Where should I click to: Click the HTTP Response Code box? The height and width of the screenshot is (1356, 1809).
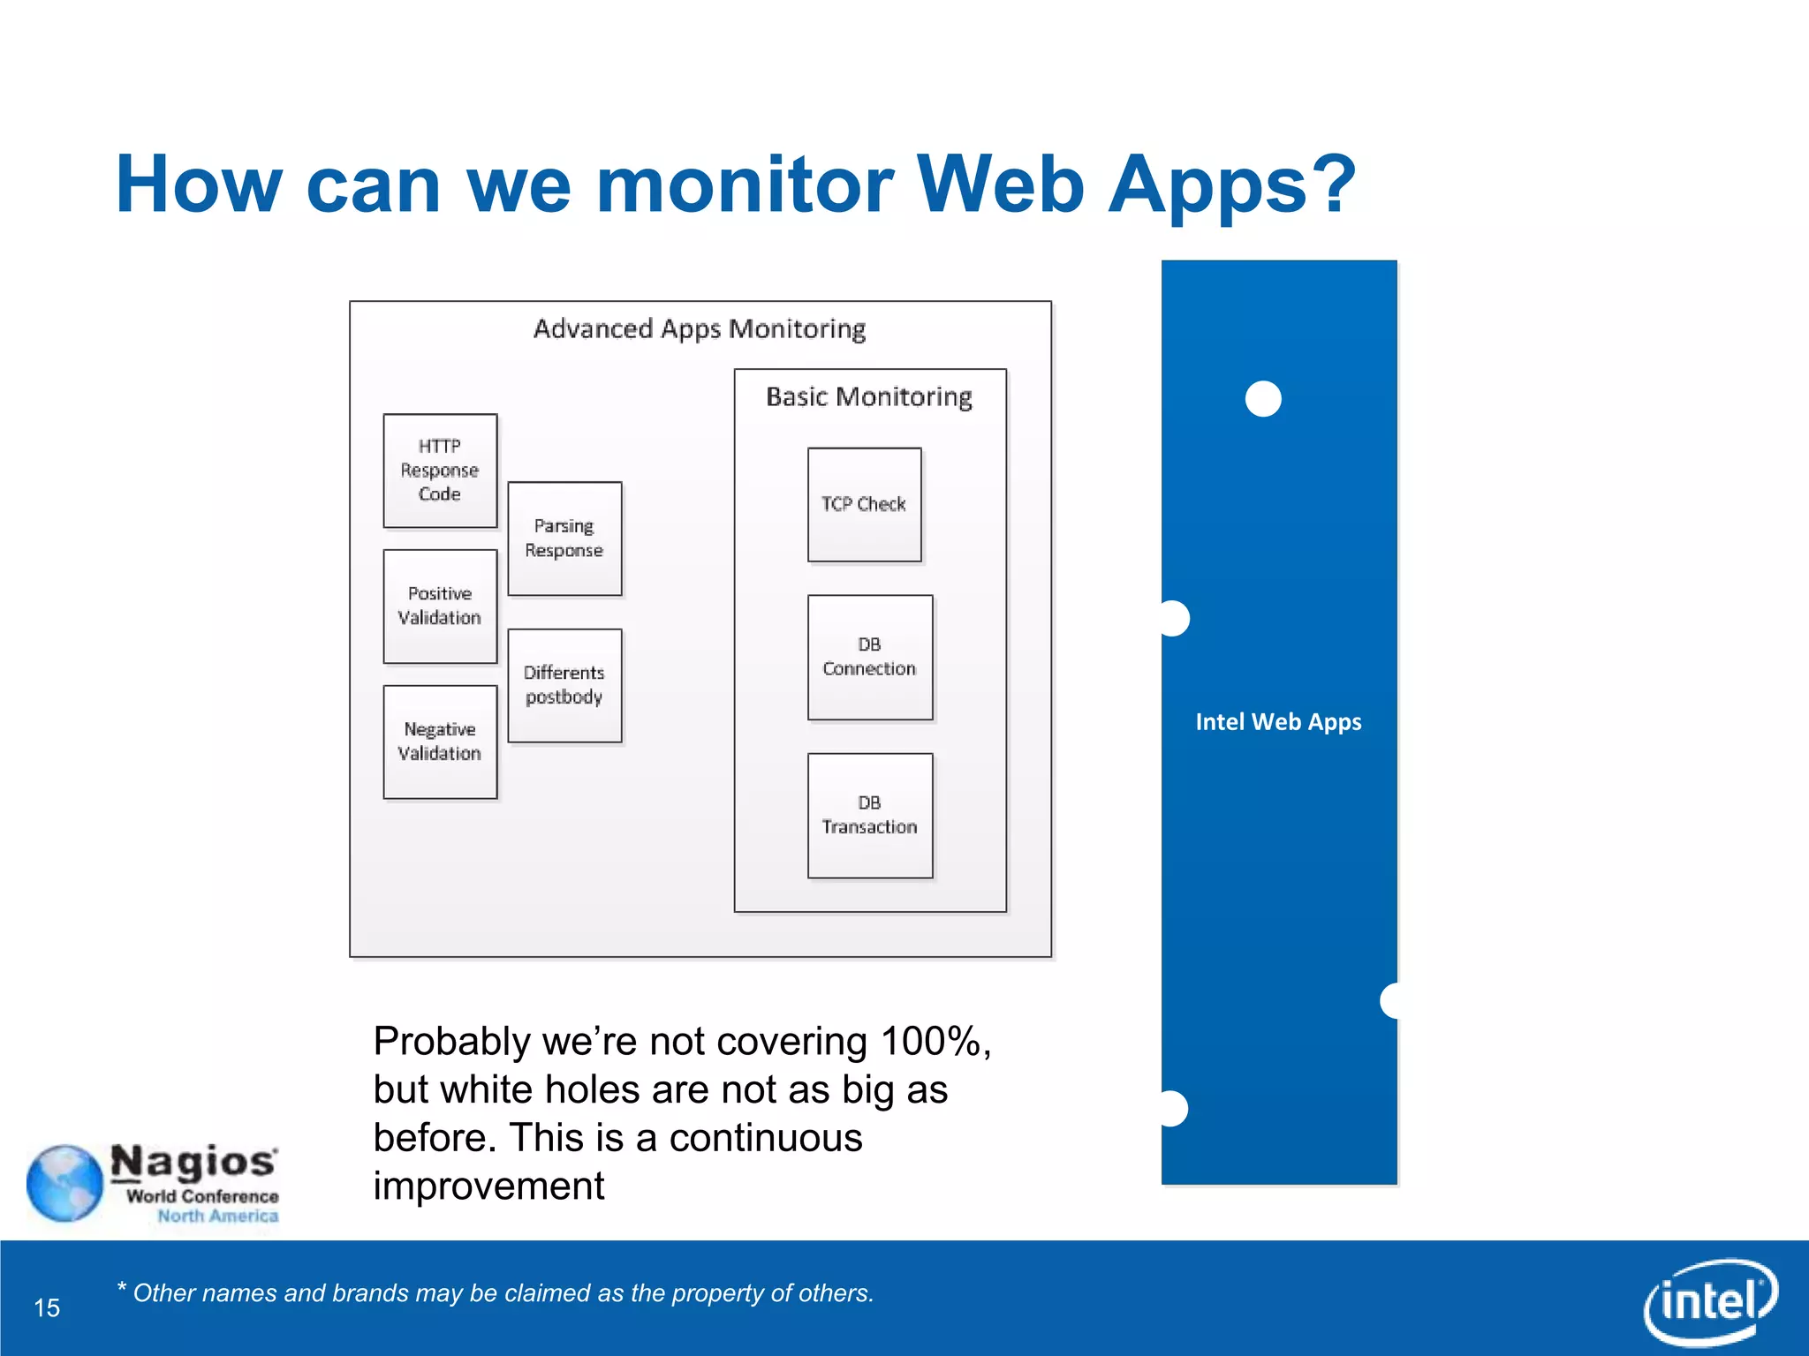(x=440, y=471)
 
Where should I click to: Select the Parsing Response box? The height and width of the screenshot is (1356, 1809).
(x=564, y=539)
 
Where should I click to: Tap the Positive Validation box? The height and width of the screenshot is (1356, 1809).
(x=440, y=606)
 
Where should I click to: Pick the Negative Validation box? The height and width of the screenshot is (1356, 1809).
(x=440, y=742)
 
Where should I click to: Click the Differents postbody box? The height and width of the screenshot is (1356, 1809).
(x=564, y=685)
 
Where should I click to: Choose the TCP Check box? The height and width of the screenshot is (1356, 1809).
(x=864, y=504)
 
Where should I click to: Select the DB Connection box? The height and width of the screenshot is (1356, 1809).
(x=870, y=657)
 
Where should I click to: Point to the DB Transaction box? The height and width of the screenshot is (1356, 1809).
(x=870, y=815)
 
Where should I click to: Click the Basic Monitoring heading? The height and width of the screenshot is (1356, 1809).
(x=869, y=397)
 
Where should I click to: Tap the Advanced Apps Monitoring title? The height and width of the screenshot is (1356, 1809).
(x=700, y=329)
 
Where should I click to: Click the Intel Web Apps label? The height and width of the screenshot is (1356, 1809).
(x=1278, y=722)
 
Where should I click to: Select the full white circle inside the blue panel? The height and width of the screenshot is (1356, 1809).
(x=1263, y=399)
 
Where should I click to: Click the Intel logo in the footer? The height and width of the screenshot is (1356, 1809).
(x=1709, y=1301)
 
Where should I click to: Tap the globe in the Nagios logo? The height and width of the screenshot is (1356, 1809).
(x=64, y=1183)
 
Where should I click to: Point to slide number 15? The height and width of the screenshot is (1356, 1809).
(x=48, y=1307)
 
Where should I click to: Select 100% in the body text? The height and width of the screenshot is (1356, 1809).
(x=931, y=1042)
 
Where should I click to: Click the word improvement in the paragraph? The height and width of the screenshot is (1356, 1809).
(x=488, y=1186)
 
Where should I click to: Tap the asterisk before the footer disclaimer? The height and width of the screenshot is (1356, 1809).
(x=122, y=1288)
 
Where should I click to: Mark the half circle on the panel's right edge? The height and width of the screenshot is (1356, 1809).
(x=1390, y=1001)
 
